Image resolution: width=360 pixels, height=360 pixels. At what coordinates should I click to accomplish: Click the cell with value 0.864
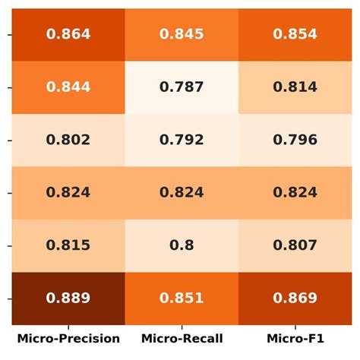point(68,34)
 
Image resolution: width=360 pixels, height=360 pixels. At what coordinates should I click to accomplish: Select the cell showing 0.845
point(182,34)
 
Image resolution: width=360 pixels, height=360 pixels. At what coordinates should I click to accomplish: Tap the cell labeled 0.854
point(295,34)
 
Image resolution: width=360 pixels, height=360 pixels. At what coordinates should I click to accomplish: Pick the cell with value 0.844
point(68,87)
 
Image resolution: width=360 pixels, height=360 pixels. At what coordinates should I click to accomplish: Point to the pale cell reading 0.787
point(182,87)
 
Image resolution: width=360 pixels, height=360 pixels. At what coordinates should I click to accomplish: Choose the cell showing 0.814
point(295,87)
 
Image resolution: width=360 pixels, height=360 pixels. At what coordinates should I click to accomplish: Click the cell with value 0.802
point(68,140)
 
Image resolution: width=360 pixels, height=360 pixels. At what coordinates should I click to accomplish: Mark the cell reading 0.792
point(182,140)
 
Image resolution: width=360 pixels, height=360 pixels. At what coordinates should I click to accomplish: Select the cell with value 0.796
point(295,140)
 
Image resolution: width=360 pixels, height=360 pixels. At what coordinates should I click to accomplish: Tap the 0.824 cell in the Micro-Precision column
point(68,193)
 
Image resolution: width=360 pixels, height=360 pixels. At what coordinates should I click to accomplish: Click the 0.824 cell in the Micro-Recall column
point(182,193)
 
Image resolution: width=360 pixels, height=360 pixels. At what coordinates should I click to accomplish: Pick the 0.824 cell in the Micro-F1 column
point(295,193)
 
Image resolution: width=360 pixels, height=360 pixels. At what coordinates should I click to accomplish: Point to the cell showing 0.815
point(68,245)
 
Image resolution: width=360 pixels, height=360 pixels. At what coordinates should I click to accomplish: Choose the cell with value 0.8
point(182,245)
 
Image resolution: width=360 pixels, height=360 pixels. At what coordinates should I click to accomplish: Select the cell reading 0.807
point(295,245)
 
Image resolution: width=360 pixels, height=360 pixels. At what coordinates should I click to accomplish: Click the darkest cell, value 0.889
point(68,298)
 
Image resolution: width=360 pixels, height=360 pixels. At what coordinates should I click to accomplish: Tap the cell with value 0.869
point(295,298)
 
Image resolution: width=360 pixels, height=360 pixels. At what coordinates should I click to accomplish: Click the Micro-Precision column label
point(68,339)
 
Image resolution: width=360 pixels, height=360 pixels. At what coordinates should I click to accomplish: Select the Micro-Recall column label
point(182,339)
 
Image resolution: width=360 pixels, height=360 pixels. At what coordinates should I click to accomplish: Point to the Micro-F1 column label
point(295,339)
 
